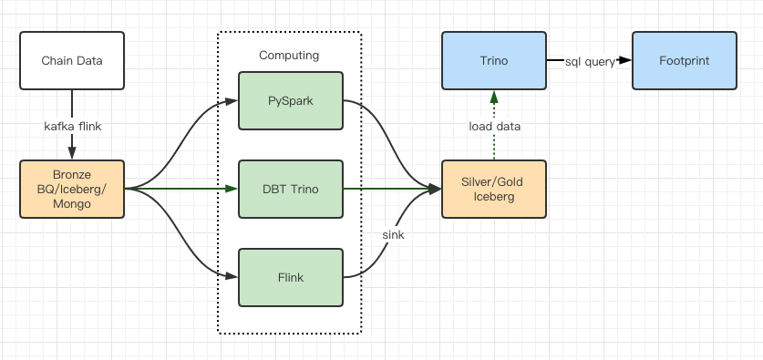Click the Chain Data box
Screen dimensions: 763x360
click(x=72, y=61)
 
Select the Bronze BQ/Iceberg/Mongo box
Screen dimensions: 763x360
click(x=72, y=189)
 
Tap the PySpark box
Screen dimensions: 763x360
click(x=291, y=100)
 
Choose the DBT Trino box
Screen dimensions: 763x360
click(x=291, y=189)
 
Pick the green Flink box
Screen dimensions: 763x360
click(x=291, y=277)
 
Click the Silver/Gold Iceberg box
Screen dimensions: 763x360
click(x=494, y=189)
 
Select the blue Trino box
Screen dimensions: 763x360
click(x=494, y=61)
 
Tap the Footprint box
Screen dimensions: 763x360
click(x=685, y=61)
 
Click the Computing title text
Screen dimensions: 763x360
click(x=289, y=55)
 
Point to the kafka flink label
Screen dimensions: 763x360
click(x=73, y=127)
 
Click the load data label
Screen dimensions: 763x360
click(x=494, y=127)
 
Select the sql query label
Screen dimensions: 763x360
click(x=590, y=62)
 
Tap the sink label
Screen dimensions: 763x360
click(x=393, y=234)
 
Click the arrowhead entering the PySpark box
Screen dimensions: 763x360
click(x=232, y=100)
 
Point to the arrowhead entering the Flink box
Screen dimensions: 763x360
click(x=232, y=277)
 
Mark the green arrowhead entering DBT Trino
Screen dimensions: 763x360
click(x=232, y=189)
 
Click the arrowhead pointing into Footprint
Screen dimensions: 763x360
click(x=625, y=60)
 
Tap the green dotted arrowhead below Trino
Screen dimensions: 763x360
click(x=494, y=97)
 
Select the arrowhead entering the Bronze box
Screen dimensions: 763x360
click(x=72, y=153)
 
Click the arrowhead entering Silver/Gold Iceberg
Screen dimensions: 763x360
click(x=434, y=189)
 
